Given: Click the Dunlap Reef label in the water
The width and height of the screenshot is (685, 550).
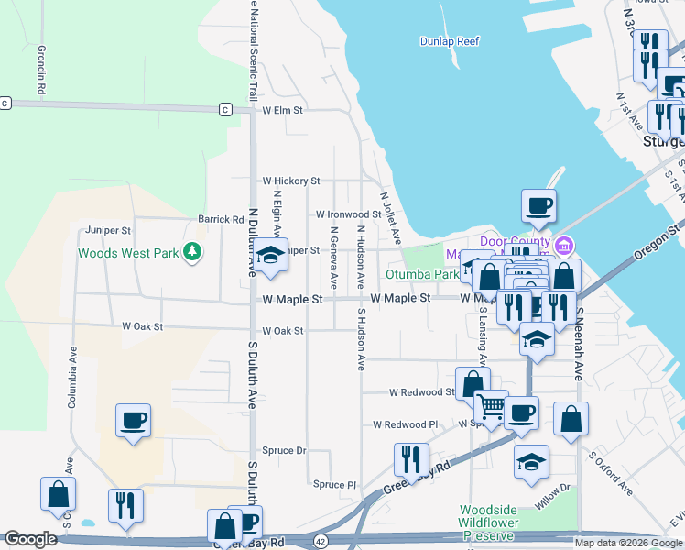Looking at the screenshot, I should pyautogui.click(x=449, y=41).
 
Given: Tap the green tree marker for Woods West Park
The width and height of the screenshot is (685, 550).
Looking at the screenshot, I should pyautogui.click(x=191, y=251).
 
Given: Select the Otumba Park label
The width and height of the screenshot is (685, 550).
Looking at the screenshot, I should pyautogui.click(x=421, y=273).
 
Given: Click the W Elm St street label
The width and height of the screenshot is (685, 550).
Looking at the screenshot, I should pyautogui.click(x=282, y=110).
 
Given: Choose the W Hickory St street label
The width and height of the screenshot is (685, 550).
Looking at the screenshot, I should pyautogui.click(x=290, y=181).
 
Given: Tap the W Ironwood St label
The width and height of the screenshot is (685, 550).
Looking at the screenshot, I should pyautogui.click(x=348, y=214).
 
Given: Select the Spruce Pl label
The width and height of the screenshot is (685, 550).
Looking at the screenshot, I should pyautogui.click(x=334, y=485).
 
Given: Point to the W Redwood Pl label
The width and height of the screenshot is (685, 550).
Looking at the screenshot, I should pyautogui.click(x=406, y=424).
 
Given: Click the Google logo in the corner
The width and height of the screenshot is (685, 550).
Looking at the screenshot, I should pyautogui.click(x=30, y=539).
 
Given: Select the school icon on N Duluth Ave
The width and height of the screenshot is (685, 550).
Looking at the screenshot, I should pyautogui.click(x=270, y=257).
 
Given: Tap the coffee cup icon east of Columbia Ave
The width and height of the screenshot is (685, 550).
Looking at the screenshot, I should pyautogui.click(x=133, y=420).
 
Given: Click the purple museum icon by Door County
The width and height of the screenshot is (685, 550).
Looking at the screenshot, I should pyautogui.click(x=564, y=245).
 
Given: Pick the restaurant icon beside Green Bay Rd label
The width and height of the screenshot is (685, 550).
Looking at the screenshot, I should pyautogui.click(x=411, y=457).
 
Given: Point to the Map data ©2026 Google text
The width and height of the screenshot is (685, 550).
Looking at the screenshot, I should pyautogui.click(x=627, y=543).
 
